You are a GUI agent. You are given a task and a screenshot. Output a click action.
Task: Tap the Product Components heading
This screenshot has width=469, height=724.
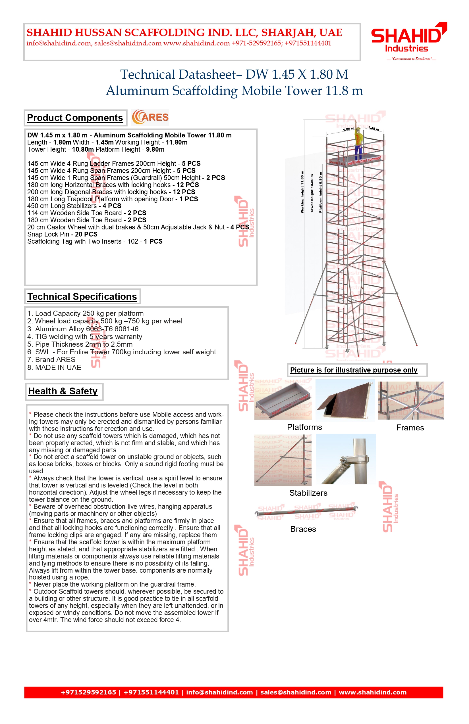pos(75,118)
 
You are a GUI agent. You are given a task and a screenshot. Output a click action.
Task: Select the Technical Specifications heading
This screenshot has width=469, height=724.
pos(82,297)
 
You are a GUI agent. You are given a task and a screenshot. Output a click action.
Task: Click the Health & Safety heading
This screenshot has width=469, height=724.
pos(63,391)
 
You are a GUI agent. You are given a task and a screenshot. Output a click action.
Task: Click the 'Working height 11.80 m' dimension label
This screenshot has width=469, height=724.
pos(302,192)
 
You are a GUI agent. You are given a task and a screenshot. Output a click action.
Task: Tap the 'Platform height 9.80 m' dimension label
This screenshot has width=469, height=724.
pos(320,192)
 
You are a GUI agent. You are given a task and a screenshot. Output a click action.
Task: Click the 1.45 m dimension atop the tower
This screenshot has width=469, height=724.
pos(373,128)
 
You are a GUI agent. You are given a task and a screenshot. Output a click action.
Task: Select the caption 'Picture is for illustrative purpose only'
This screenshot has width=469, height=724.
pos(354,370)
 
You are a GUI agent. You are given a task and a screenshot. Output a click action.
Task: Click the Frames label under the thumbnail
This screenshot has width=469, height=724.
pos(410,428)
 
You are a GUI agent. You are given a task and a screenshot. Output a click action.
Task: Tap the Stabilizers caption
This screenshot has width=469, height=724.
pos(308,493)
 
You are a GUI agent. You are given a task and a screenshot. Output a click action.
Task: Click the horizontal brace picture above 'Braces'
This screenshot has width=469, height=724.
pos(306,512)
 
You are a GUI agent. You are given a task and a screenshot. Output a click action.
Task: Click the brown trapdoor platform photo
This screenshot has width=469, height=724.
pos(345,401)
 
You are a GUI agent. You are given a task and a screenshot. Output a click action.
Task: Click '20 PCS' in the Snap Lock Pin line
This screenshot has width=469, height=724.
pos(86,234)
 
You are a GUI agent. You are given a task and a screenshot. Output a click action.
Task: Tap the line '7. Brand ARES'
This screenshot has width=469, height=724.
pos(51,359)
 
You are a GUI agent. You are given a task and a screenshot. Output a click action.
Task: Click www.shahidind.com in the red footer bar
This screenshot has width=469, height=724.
pos(372,692)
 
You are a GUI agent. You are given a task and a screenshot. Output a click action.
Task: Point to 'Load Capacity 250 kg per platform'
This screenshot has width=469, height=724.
pos(89,313)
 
